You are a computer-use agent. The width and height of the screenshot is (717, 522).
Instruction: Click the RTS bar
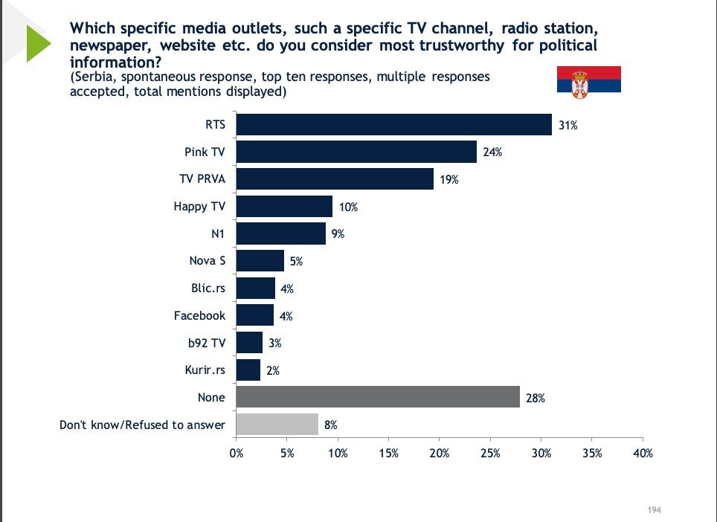pyautogui.click(x=393, y=125)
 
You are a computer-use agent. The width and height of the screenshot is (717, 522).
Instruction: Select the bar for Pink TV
pyautogui.click(x=356, y=152)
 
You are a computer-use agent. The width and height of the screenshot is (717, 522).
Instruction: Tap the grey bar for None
pyautogui.click(x=378, y=397)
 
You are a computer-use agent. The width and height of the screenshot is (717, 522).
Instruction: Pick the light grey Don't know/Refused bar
pyautogui.click(x=277, y=424)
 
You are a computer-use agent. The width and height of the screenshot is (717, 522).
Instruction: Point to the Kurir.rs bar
pyautogui.click(x=248, y=370)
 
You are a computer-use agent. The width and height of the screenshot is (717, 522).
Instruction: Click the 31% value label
pyautogui.click(x=568, y=125)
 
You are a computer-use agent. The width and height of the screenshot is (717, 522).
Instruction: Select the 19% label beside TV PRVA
pyautogui.click(x=449, y=180)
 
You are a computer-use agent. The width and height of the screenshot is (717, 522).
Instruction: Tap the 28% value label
pyautogui.click(x=536, y=398)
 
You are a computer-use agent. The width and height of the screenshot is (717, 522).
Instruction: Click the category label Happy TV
pyautogui.click(x=199, y=207)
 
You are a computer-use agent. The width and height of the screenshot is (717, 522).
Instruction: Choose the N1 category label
pyautogui.click(x=218, y=234)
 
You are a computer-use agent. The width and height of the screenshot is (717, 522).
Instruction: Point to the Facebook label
pyautogui.click(x=199, y=315)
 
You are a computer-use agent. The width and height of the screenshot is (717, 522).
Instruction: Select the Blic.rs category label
pyautogui.click(x=208, y=288)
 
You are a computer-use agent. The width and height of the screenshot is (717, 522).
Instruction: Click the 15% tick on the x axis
pyautogui.click(x=389, y=453)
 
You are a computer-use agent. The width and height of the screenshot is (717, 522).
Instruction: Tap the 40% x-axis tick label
pyautogui.click(x=643, y=453)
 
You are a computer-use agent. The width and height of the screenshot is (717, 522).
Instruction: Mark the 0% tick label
pyautogui.click(x=237, y=453)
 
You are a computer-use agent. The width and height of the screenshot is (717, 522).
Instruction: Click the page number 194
pyautogui.click(x=655, y=509)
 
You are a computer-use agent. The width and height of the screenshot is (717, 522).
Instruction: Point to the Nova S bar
pyautogui.click(x=260, y=260)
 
